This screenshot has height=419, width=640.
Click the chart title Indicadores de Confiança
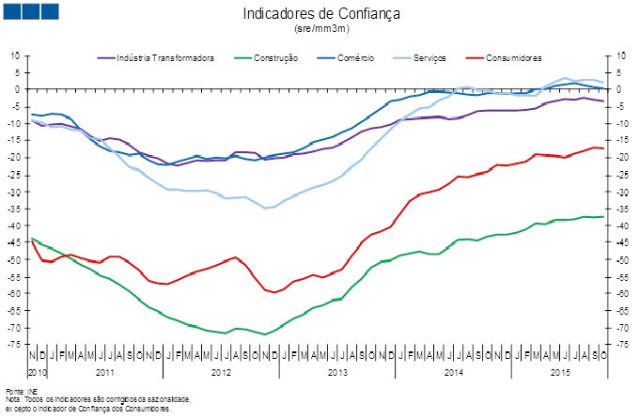[320, 14]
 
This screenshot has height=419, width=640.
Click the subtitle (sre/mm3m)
[320, 31]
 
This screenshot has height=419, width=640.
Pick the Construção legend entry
[273, 58]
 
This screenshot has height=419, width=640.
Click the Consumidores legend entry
[511, 58]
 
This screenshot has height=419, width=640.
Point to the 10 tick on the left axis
[15, 54]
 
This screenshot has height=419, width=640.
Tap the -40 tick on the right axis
[622, 225]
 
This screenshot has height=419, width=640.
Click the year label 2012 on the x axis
[221, 373]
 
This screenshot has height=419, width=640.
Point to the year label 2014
[454, 373]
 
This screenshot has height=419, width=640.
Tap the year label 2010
[38, 373]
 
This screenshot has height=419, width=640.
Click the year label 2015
[560, 373]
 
